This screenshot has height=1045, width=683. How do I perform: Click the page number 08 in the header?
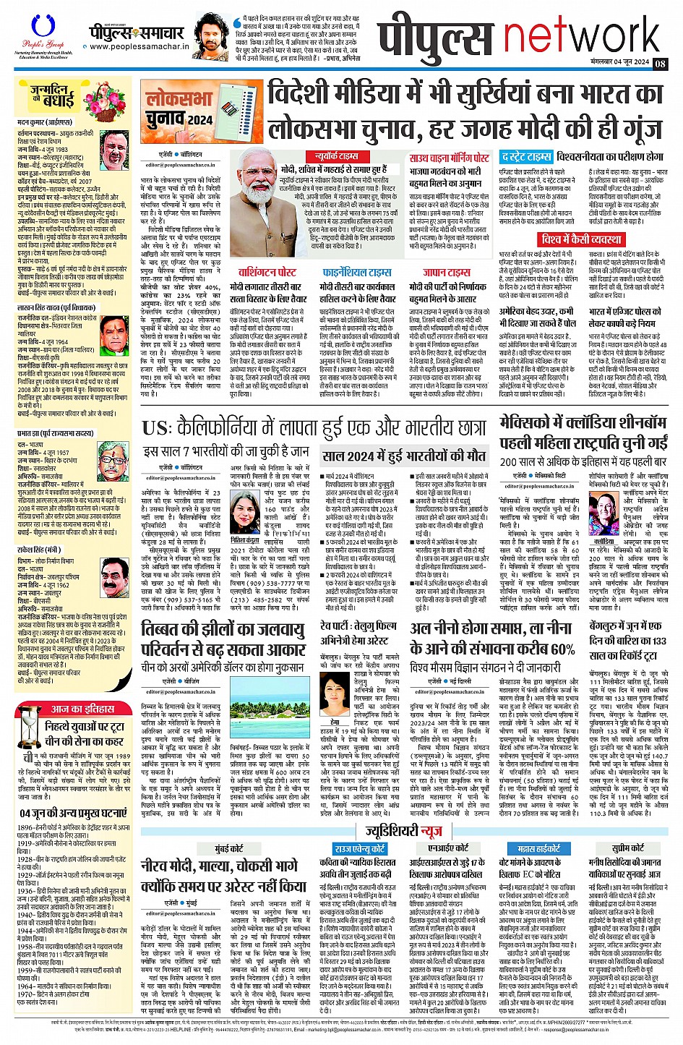click(x=661, y=63)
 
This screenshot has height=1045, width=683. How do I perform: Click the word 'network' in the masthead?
click(x=581, y=36)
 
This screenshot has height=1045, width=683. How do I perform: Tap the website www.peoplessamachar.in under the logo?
click(x=139, y=47)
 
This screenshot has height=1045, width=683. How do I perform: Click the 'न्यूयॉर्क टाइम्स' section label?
click(x=337, y=156)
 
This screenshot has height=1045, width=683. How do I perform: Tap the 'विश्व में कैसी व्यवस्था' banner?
click(x=581, y=239)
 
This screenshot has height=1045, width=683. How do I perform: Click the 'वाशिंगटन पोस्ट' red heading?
click(x=267, y=273)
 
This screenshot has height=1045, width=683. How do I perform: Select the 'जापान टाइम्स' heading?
click(x=447, y=273)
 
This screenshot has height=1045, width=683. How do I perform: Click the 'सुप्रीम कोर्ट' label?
click(x=627, y=848)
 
